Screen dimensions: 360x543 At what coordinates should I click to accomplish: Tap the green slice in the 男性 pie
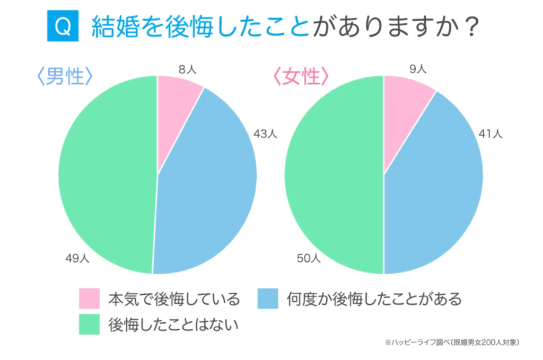point(106,175)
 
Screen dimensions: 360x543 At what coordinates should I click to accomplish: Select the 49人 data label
point(78,259)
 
